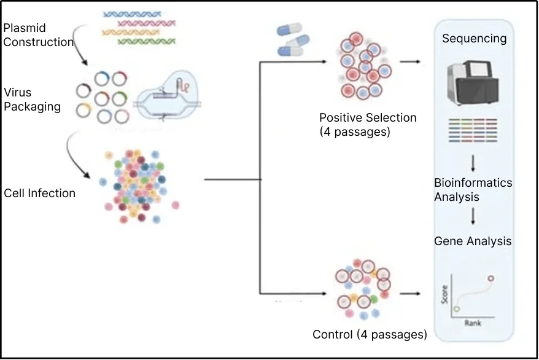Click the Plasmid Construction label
pos(38,36)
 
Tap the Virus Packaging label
pos(32,100)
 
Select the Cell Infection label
pos(39,193)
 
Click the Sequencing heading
pos(474,39)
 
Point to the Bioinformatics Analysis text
pos(473,190)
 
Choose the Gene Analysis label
pos(473,241)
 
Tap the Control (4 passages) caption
pos(370,335)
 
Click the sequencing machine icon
pos(473,80)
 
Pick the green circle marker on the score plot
pos(457,309)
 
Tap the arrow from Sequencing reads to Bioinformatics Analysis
pos(474,163)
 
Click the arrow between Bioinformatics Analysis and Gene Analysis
pos(474,216)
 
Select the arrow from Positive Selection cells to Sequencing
pos(410,62)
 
